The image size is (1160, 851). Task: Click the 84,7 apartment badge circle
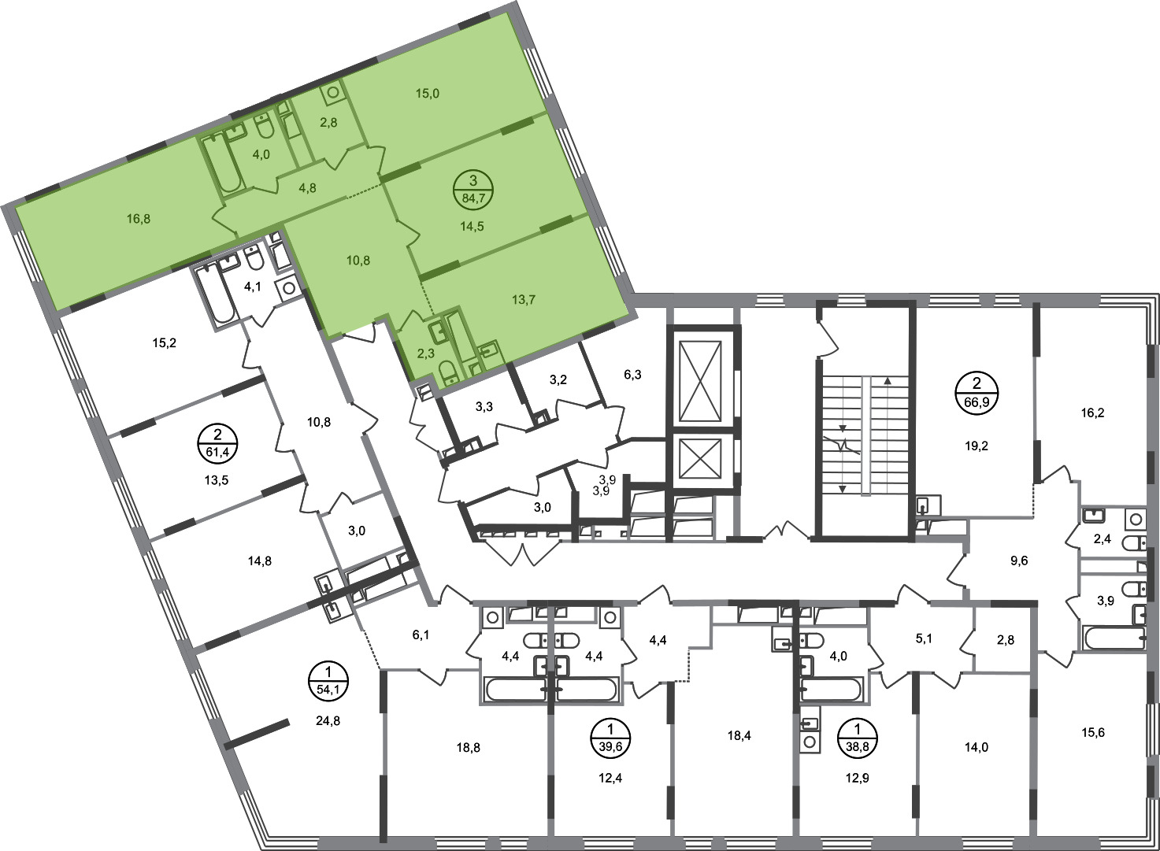point(473,190)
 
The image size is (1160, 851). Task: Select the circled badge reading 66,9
point(977,392)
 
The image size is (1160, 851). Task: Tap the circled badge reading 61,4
point(217,443)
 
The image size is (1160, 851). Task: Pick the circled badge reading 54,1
point(328,681)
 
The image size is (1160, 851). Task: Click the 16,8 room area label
point(139,219)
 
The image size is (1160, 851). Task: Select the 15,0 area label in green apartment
point(428,94)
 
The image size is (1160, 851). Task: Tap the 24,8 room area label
point(328,720)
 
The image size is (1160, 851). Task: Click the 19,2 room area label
point(977,446)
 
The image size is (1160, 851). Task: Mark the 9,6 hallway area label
point(1018,561)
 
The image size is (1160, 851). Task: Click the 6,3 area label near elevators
point(632,374)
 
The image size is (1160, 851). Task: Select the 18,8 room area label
point(468,747)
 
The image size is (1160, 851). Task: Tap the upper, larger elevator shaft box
point(701,381)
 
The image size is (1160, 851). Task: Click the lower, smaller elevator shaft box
point(701,459)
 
